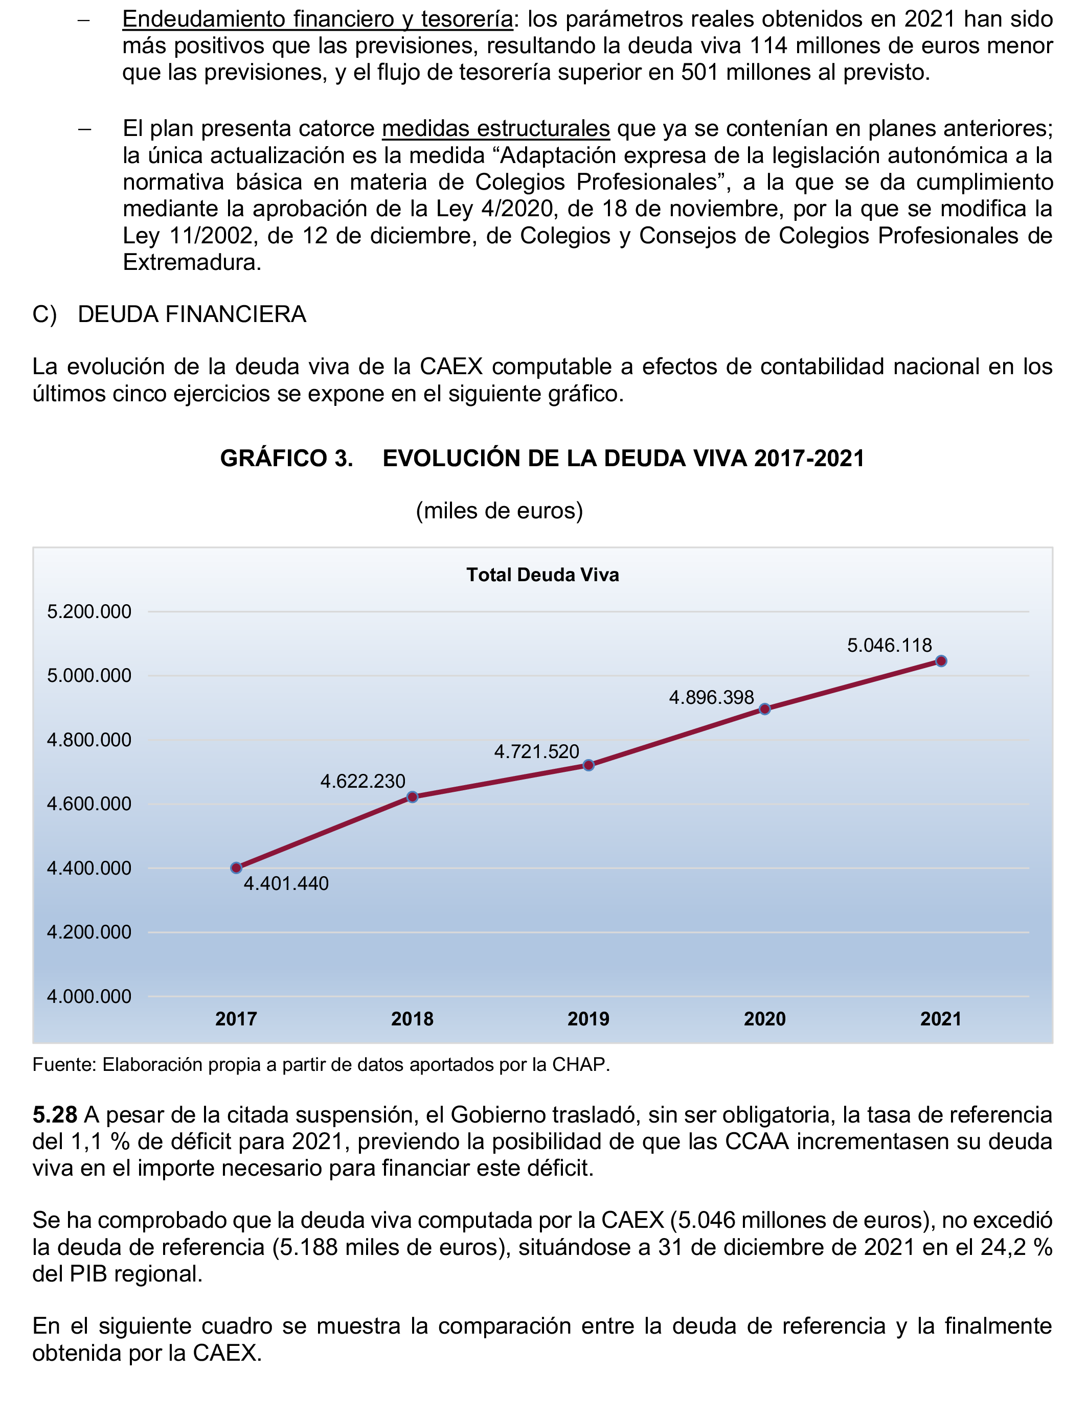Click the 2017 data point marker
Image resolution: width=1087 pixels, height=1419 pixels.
236,868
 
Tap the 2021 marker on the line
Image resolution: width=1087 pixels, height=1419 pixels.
941,661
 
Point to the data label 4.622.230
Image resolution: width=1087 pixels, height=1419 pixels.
363,781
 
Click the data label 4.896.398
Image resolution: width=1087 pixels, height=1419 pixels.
711,697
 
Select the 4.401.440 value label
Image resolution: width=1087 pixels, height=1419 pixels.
286,883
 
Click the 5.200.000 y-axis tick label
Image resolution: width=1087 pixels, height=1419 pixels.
89,611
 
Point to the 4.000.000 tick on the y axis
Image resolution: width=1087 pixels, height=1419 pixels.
89,997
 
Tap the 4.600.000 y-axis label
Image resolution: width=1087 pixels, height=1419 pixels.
89,804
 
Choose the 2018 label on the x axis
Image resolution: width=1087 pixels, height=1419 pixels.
412,1019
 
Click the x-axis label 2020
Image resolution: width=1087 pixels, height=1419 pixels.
765,1019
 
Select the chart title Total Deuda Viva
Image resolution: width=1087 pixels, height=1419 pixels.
543,575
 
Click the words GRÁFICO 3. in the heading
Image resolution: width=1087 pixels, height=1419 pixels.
287,459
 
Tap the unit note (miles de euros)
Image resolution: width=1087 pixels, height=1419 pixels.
500,511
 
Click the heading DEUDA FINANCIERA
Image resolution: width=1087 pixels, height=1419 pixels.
192,314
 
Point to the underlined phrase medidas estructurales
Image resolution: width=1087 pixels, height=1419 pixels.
495,129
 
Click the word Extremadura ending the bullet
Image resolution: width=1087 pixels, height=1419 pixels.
192,263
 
